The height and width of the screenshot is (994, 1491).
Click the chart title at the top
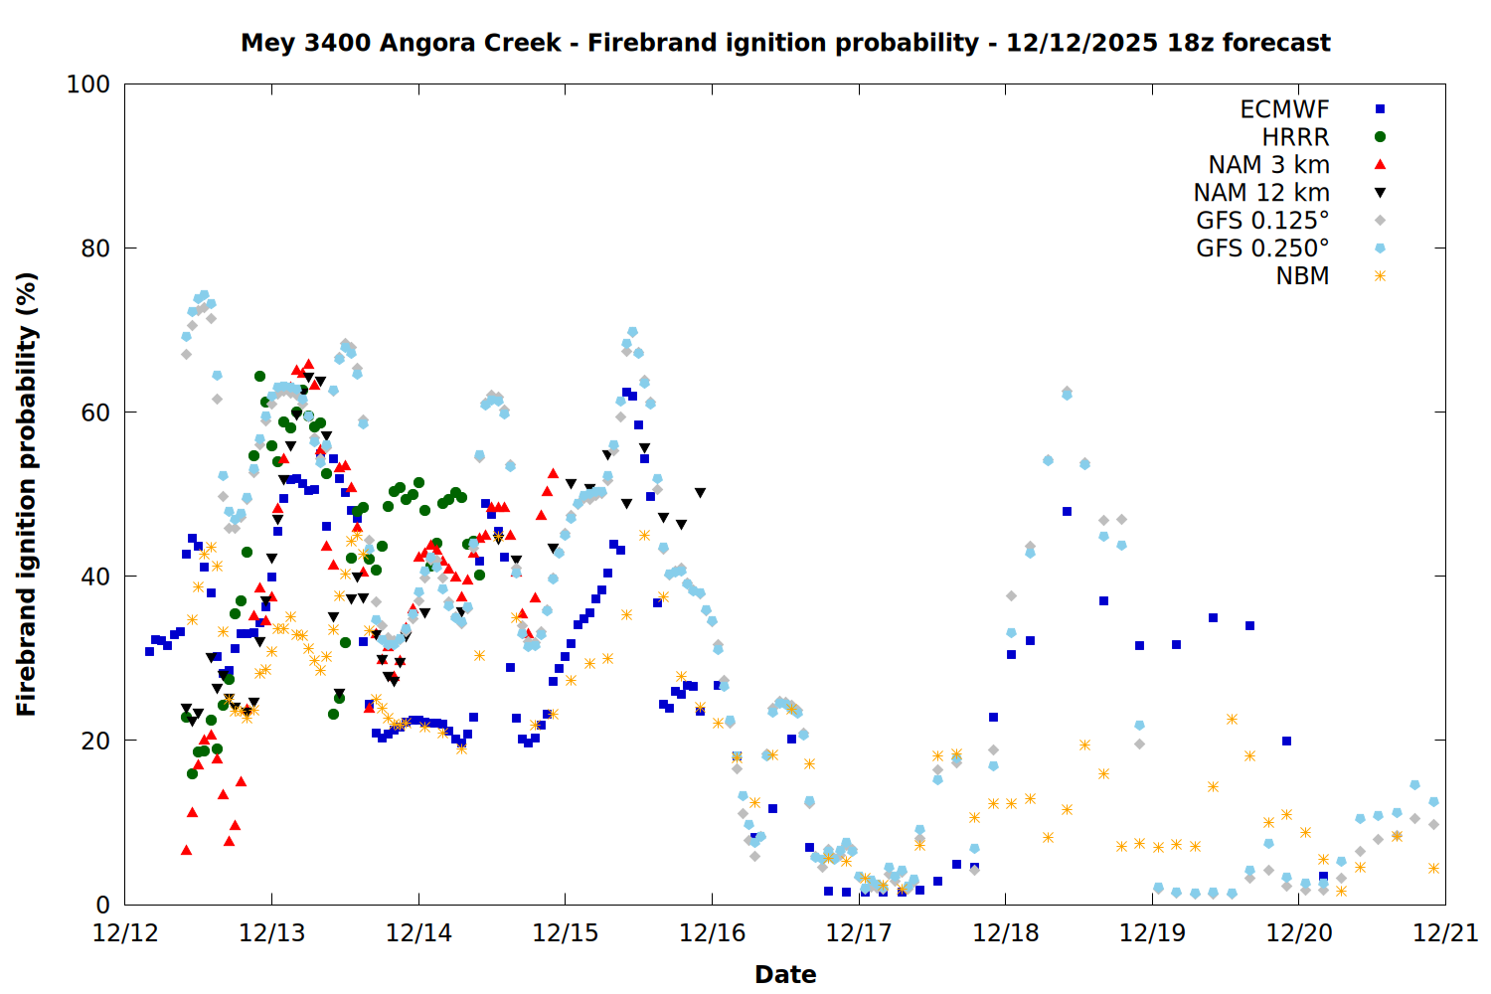(x=785, y=43)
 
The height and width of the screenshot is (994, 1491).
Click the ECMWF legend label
(x=1284, y=109)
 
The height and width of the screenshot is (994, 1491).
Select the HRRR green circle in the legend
(x=1380, y=137)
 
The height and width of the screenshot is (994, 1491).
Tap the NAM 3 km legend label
(x=1268, y=165)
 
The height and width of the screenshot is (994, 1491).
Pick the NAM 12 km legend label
(x=1261, y=193)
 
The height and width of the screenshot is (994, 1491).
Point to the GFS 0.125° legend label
(x=1262, y=221)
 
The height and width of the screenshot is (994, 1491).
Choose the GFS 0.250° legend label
(x=1262, y=248)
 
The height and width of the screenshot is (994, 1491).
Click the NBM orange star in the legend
(x=1380, y=276)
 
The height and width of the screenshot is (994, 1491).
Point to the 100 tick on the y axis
(x=88, y=84)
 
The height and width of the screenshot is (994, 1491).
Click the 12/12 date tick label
(x=125, y=933)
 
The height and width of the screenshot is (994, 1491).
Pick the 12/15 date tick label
(x=566, y=933)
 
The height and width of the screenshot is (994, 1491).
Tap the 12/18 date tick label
(x=1006, y=933)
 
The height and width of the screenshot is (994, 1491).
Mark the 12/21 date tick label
(x=1445, y=933)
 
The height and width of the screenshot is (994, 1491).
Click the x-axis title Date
(x=785, y=974)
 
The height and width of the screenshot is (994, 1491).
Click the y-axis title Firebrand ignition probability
(x=27, y=494)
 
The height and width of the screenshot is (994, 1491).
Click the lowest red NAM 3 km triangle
(x=186, y=850)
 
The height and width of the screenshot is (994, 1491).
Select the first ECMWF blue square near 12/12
(x=149, y=651)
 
